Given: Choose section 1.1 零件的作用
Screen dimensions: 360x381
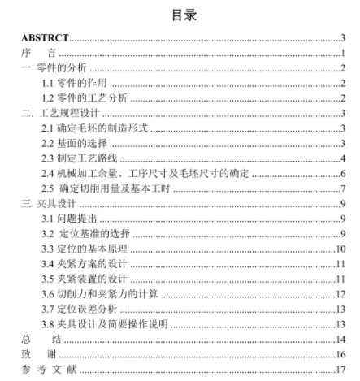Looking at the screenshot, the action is click(74, 83).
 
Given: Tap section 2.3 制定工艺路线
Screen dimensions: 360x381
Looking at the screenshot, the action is click(79, 158).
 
